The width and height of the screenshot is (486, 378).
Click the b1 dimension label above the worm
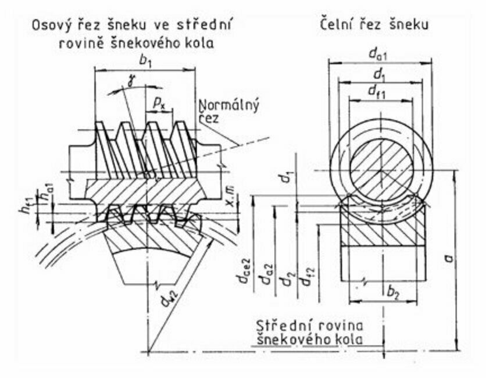[x=145, y=60]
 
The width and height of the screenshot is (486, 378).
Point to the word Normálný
[x=228, y=106]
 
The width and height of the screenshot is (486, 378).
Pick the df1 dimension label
[x=379, y=91]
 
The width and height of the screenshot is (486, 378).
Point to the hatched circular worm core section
[x=382, y=168]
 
